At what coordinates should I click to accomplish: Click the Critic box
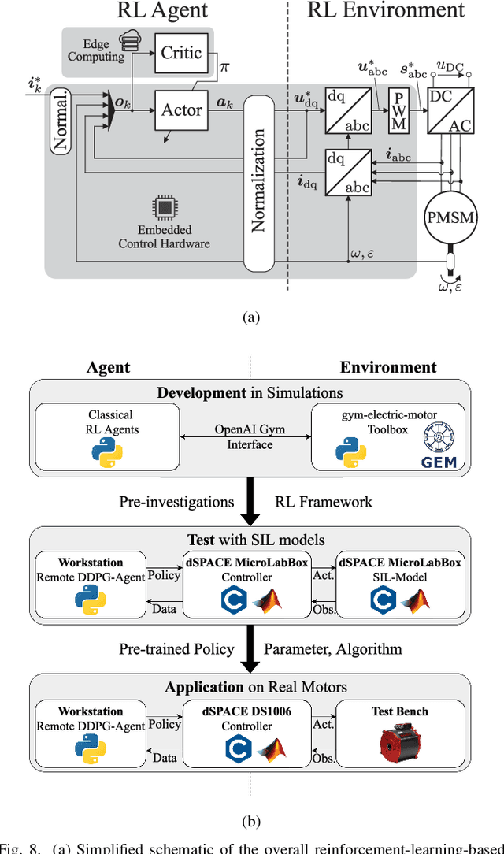click(x=181, y=53)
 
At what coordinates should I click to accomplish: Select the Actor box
click(x=181, y=110)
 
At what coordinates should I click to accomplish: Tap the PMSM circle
click(x=450, y=217)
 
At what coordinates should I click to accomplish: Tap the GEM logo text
click(x=439, y=462)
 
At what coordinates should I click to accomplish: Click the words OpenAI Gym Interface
click(x=250, y=437)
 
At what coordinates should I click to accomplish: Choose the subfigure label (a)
click(x=250, y=317)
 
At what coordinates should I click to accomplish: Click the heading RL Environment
click(x=386, y=10)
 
